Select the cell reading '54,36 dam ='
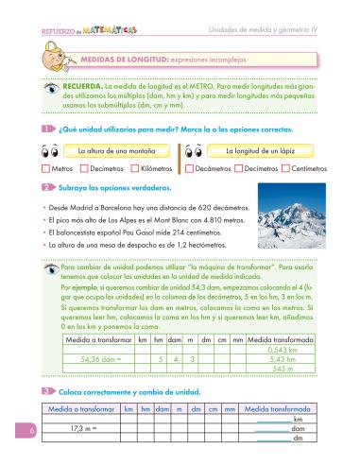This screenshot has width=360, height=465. (100, 358)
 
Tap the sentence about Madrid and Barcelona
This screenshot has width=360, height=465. (131, 206)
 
